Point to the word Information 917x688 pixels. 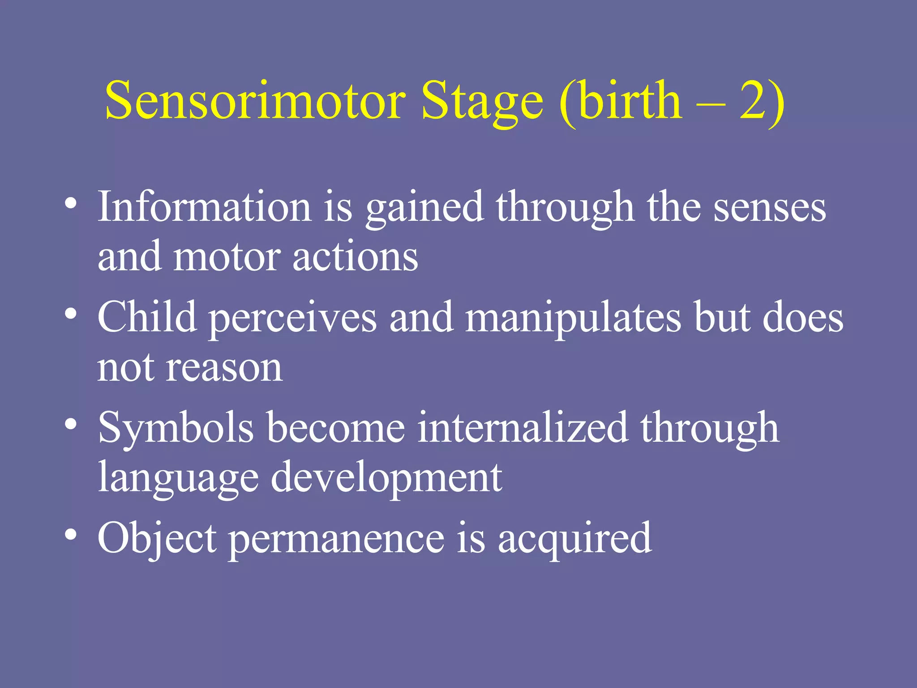coord(204,207)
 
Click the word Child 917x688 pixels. coord(147,317)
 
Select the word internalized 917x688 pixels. coord(522,428)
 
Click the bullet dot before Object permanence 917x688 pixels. coord(70,535)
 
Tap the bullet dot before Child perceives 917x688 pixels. coord(70,314)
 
